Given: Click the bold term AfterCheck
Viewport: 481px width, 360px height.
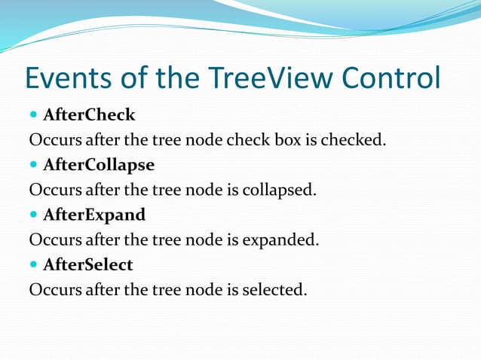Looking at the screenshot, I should click(89, 115).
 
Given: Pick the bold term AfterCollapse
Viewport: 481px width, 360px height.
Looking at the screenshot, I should click(99, 165).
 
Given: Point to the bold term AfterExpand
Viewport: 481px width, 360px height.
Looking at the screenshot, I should click(94, 215).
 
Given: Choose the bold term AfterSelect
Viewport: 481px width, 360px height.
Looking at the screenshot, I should click(88, 264).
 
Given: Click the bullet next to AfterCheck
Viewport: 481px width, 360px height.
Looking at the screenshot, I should click(34, 116).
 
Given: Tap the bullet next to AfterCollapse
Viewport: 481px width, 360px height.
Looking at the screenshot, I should click(34, 166).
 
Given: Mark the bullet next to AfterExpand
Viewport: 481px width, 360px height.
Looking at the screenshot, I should click(34, 215).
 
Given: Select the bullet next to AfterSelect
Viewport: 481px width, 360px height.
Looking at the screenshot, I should click(34, 265).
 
